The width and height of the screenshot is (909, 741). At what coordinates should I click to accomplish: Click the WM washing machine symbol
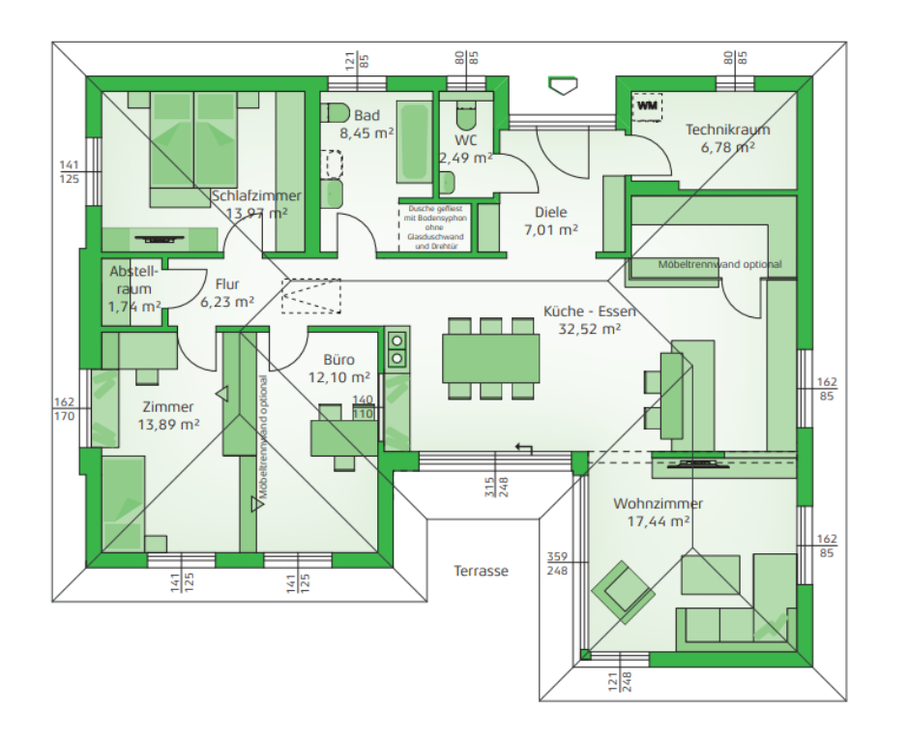coord(647,105)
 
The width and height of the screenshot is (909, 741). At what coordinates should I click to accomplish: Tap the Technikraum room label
coord(727,130)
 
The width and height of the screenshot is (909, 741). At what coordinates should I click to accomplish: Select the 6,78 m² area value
coord(727,147)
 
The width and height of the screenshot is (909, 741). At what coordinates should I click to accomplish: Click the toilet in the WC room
coord(466,116)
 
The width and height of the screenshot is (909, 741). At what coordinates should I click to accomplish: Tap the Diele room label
coord(550,212)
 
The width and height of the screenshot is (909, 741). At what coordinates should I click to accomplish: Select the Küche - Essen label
coord(589,311)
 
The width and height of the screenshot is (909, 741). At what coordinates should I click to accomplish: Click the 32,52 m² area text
coord(589,329)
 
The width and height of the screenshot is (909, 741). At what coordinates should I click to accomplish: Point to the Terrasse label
coord(481,571)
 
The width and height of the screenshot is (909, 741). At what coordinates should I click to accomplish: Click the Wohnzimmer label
coord(658,504)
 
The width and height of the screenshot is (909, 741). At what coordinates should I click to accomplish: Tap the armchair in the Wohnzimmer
coord(615,588)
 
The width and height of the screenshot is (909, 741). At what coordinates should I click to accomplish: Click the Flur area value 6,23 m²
coord(226,302)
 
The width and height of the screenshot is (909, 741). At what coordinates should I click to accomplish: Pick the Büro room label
coord(338,360)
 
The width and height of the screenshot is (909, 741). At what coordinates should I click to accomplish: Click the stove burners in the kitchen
coord(396,349)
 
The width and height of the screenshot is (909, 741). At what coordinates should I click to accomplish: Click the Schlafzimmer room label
coord(255,196)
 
